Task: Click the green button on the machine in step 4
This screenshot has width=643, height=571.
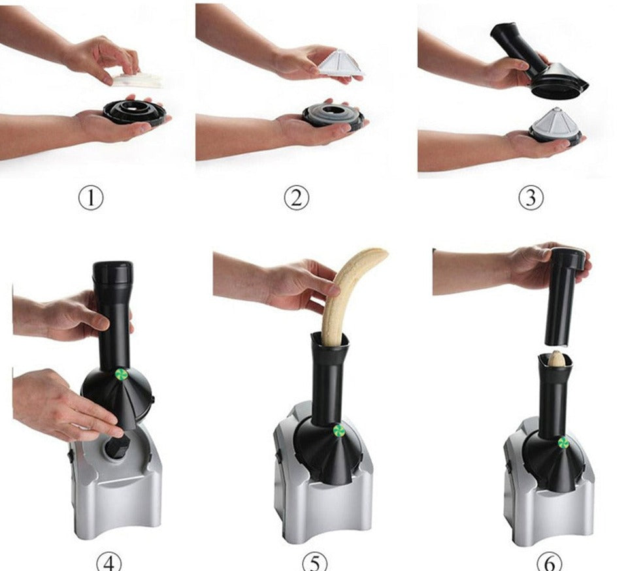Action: coord(122,374)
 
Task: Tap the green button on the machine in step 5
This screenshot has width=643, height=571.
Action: coord(338,431)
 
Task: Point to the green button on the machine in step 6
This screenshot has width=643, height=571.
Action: coord(563,442)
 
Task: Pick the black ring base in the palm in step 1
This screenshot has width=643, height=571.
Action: coord(134,112)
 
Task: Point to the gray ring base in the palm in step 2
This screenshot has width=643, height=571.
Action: coord(333,116)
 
